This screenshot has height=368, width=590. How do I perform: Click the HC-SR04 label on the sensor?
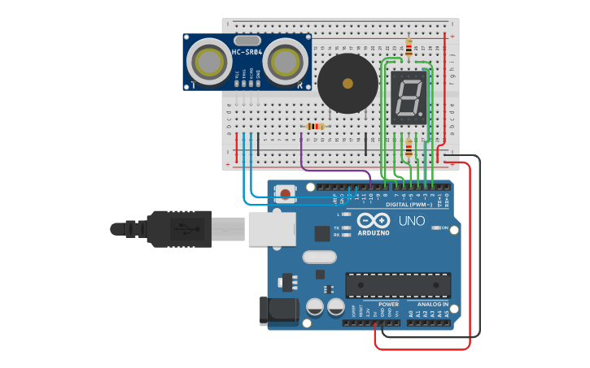coord(247,53)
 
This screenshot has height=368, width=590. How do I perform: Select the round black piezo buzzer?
coord(347,84)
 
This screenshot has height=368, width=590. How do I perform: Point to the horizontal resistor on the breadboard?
coord(315,126)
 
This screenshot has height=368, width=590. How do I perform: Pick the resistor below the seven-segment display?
coord(408,148)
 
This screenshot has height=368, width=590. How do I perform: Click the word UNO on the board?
coord(411,221)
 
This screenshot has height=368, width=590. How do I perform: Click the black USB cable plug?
coord(179,228)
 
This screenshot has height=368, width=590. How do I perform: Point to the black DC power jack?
coord(272,312)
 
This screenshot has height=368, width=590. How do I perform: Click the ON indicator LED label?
coord(444,228)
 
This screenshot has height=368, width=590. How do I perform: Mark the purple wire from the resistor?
coord(304,154)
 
